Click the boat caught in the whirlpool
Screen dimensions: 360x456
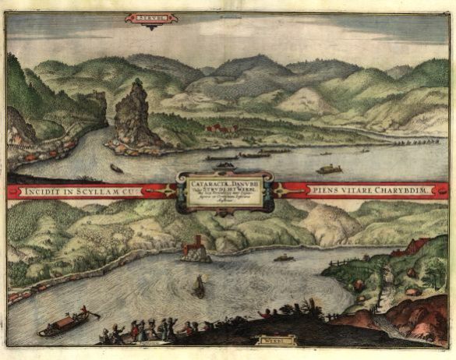tap(199, 288)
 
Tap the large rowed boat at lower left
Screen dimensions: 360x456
tap(66, 321)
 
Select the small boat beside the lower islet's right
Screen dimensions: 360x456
tap(284, 257)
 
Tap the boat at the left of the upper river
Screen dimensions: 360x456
tap(117, 168)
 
